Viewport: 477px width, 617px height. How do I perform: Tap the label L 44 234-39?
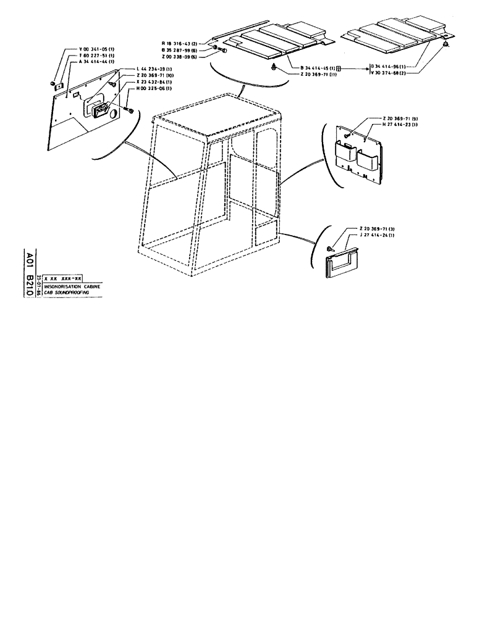152,70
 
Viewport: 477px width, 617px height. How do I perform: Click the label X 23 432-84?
152,83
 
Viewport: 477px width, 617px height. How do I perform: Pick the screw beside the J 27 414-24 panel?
330,248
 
